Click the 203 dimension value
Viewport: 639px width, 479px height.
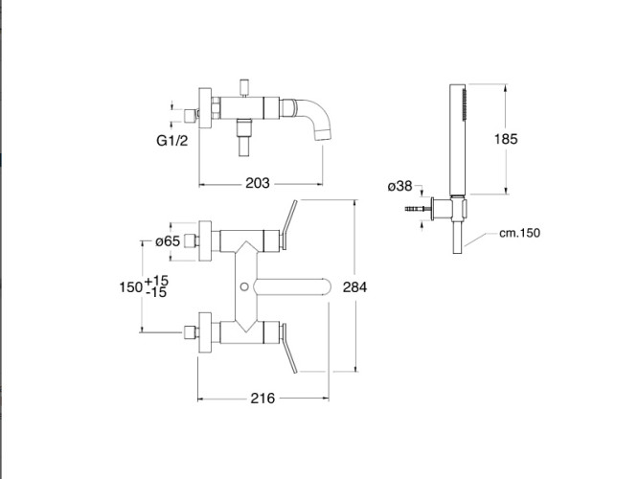click(258, 183)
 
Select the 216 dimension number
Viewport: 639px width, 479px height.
click(262, 398)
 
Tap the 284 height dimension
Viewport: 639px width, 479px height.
click(354, 287)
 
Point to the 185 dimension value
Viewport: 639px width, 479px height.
click(506, 139)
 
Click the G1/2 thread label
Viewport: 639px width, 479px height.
click(172, 140)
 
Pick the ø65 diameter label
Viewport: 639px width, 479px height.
click(168, 241)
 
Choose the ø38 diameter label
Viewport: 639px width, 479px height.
click(399, 186)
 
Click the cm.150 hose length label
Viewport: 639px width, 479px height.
click(519, 233)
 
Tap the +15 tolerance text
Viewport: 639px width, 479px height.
click(156, 281)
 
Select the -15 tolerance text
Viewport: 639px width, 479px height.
click(156, 292)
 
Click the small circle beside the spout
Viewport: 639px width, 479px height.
click(244, 286)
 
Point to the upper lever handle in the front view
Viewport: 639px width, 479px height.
click(288, 224)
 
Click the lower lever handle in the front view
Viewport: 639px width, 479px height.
click(288, 348)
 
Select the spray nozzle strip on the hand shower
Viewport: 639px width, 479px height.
click(464, 104)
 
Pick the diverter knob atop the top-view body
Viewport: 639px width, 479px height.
click(244, 86)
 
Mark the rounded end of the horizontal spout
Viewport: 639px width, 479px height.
click(324, 286)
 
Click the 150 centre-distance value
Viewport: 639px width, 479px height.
click(130, 287)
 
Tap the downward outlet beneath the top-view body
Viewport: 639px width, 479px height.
click(244, 137)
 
